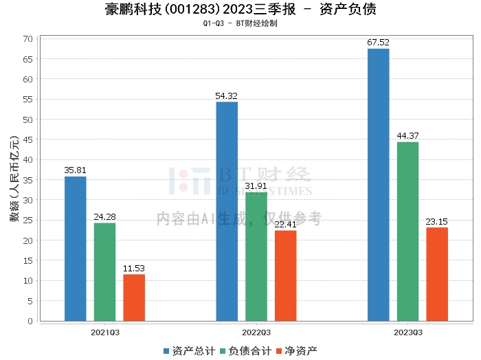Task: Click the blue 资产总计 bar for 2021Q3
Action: pyautogui.click(x=76, y=249)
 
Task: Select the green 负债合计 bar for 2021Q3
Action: pyautogui.click(x=105, y=272)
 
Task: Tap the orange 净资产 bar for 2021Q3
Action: pyautogui.click(x=135, y=297)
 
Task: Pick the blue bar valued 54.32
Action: pyautogui.click(x=227, y=212)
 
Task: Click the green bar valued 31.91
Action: pyautogui.click(x=256, y=257)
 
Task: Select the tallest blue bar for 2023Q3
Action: pyautogui.click(x=379, y=185)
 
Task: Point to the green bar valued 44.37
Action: pyautogui.click(x=407, y=232)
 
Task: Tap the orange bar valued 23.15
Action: pyautogui.click(x=437, y=274)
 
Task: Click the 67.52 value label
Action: pyautogui.click(x=379, y=43)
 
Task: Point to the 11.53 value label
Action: pyautogui.click(x=135, y=269)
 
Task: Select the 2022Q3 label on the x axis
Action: pyautogui.click(x=256, y=332)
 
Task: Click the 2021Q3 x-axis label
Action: pyautogui.click(x=105, y=332)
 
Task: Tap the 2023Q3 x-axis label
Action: pyautogui.click(x=407, y=332)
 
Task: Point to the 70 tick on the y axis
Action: pyautogui.click(x=29, y=38)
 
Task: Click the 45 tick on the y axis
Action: pyautogui.click(x=29, y=139)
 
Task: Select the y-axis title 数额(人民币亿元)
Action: pyautogui.click(x=14, y=180)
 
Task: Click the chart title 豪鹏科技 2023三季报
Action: pyautogui.click(x=240, y=10)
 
